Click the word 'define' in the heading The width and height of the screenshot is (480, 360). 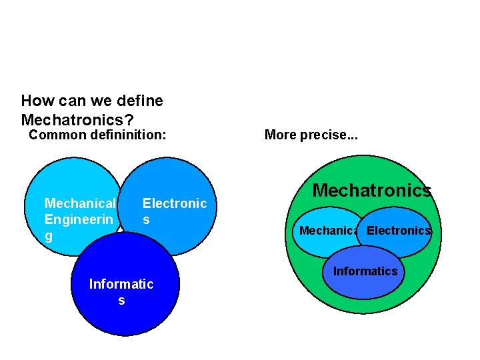tap(139, 101)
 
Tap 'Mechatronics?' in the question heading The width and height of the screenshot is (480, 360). tap(77, 120)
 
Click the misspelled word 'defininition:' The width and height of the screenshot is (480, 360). tap(129, 135)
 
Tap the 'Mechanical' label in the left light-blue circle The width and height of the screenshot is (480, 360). tap(80, 203)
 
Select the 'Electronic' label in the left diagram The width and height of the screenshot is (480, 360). tap(175, 203)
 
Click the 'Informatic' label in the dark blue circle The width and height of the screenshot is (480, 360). tap(121, 284)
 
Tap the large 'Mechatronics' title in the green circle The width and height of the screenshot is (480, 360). tap(372, 191)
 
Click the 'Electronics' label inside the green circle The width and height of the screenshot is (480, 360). tap(399, 231)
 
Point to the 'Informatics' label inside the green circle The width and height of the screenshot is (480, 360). tap(365, 271)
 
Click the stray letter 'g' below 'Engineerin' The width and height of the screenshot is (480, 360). tap(49, 236)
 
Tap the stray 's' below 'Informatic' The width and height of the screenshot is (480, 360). tap(121, 301)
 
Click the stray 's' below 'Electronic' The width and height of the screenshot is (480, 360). tap(146, 219)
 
